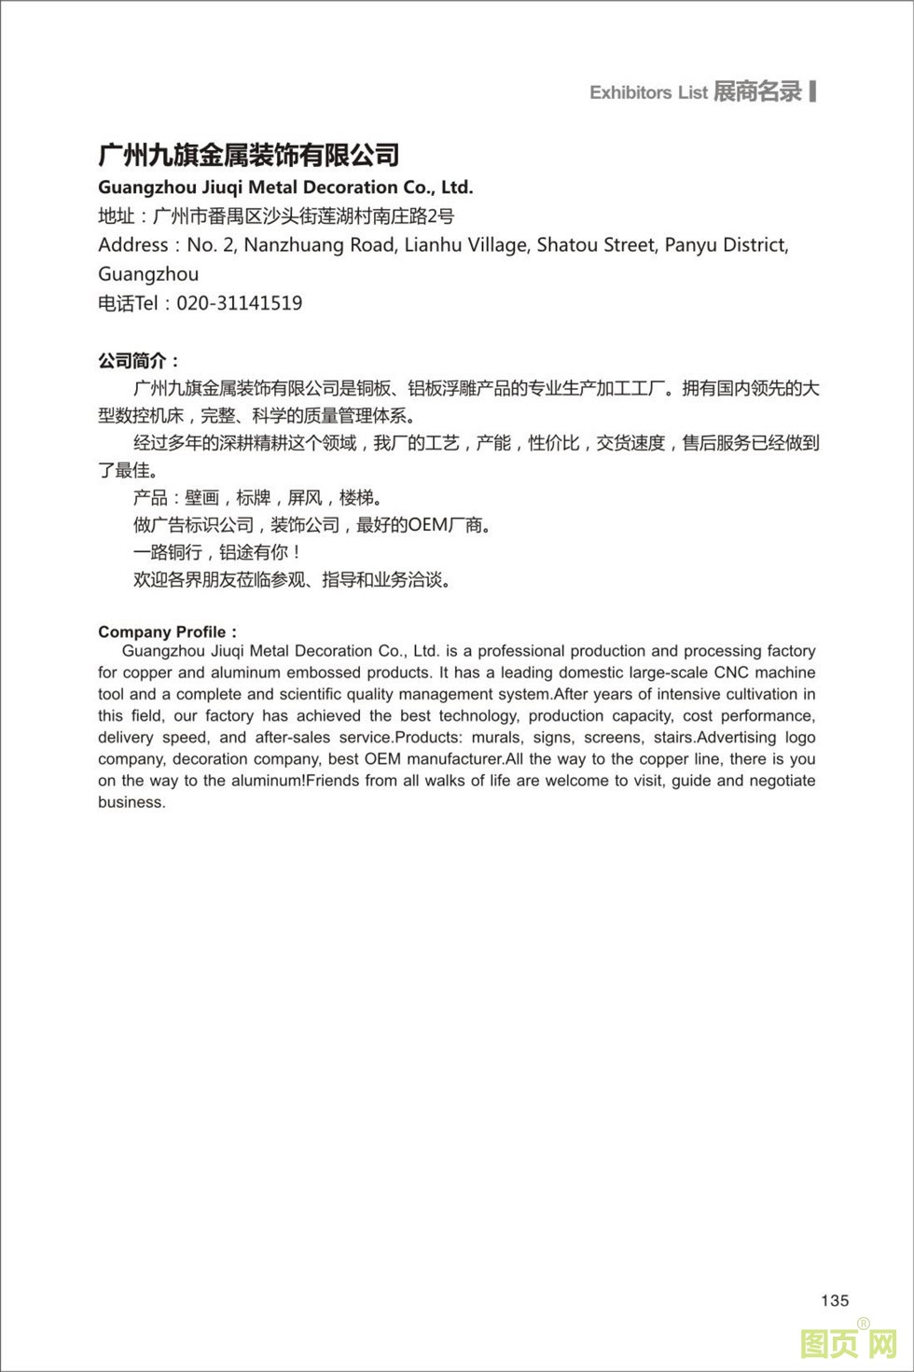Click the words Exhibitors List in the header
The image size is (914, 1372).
coord(648,92)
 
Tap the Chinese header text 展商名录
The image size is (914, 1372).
coord(757,91)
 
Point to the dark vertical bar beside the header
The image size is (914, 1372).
coord(813,90)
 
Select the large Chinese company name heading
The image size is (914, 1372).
coord(249,155)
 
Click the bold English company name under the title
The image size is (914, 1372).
coord(285,187)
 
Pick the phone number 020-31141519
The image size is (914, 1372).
coord(240,303)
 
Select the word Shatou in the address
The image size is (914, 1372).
coord(567,245)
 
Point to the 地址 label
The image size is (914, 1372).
coord(117,216)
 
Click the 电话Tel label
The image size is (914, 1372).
coord(128,303)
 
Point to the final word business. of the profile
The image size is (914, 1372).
coord(132,802)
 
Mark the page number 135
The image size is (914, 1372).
coord(835,1300)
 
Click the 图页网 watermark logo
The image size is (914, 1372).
coord(849,1344)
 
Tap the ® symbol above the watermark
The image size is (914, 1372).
coord(864,1323)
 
